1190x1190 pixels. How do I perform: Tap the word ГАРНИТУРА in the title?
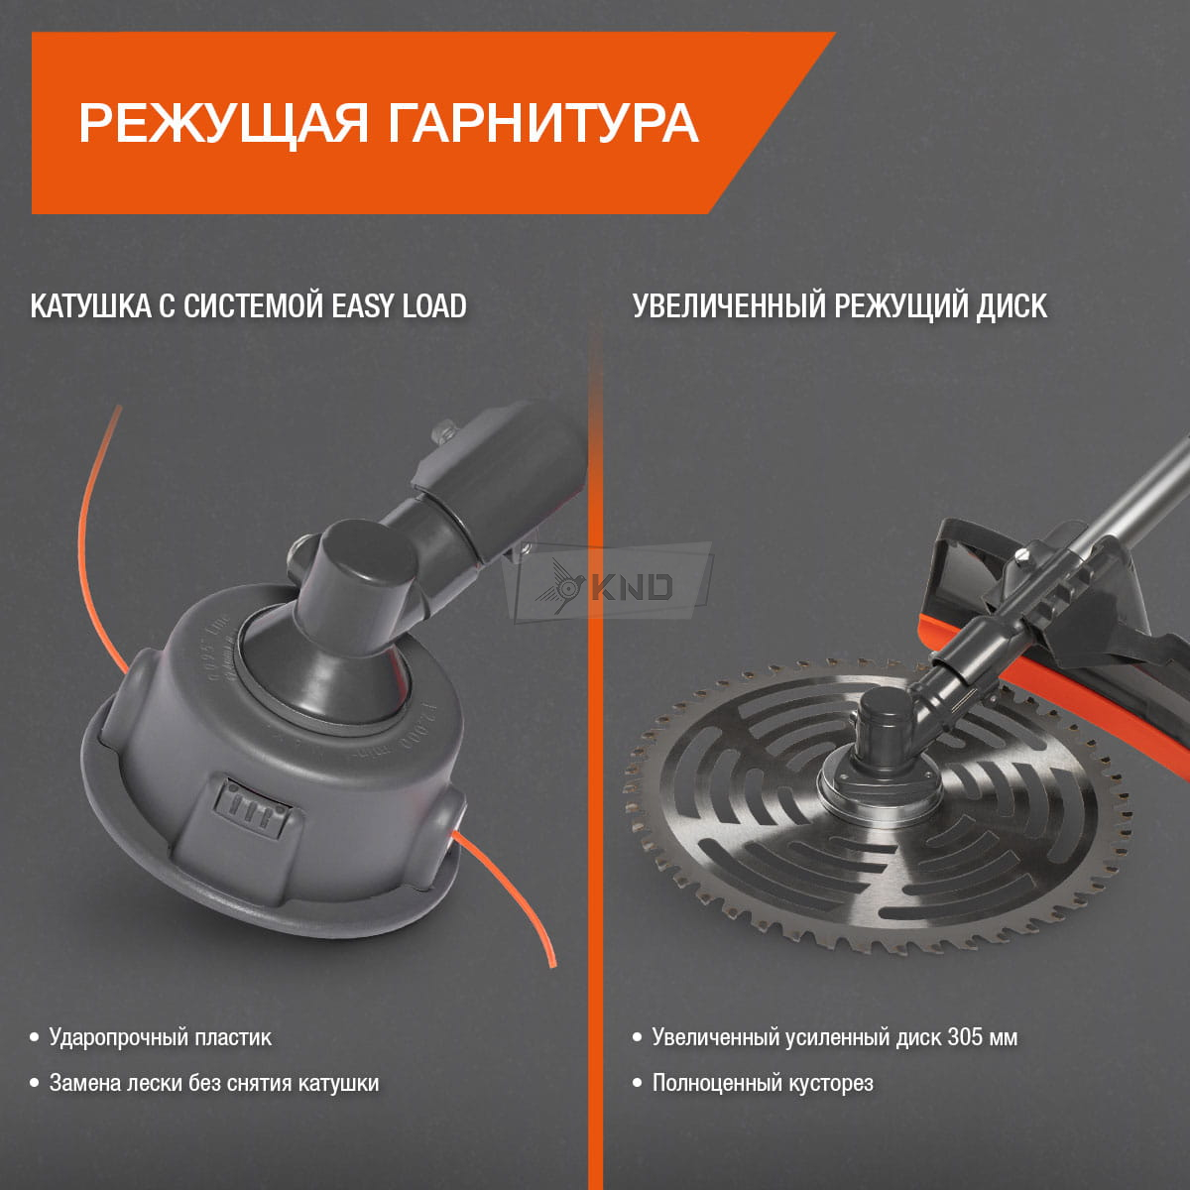point(543,124)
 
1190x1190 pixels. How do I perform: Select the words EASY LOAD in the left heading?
point(399,306)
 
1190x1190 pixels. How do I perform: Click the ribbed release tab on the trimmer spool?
point(252,808)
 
